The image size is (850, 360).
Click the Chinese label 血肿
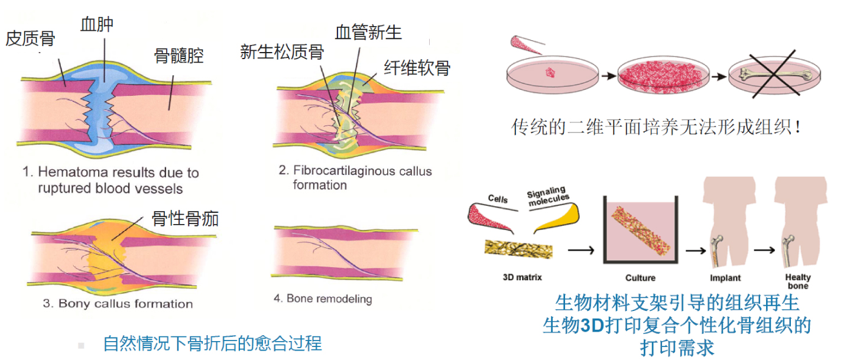[97, 24]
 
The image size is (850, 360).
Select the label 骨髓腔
[179, 56]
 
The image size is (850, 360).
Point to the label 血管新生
[368, 32]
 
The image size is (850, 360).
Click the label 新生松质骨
[282, 51]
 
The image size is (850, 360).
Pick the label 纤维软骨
[417, 67]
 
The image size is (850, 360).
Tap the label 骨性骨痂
[186, 219]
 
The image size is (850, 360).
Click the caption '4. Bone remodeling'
[323, 299]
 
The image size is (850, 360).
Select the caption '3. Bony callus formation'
[118, 304]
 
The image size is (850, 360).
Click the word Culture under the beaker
[640, 277]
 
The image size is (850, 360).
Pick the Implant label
[726, 277]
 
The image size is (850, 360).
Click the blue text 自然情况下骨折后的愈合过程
[212, 343]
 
